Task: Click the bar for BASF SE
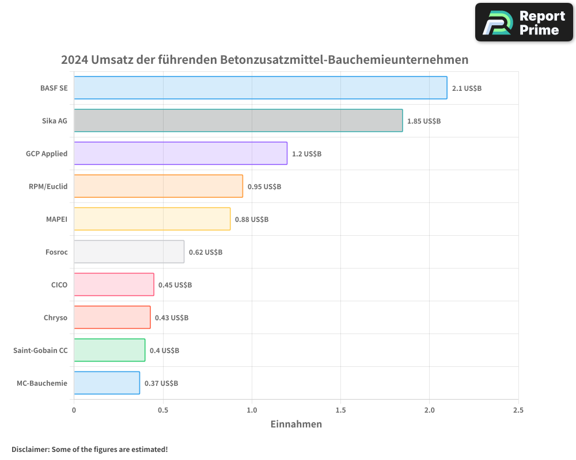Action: pos(260,88)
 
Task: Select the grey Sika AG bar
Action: pos(238,121)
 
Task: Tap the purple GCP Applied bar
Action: pos(180,154)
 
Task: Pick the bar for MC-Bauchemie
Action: pos(107,383)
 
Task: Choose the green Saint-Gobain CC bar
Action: pos(109,350)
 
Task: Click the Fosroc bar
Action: pos(129,252)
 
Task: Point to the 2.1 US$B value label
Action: pos(467,89)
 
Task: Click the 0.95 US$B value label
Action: pos(264,187)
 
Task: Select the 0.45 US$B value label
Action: pos(175,285)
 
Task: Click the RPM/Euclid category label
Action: pos(48,186)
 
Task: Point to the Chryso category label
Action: pos(55,317)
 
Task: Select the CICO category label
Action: pos(59,285)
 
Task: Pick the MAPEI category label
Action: pos(56,219)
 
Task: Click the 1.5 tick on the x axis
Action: pos(340,411)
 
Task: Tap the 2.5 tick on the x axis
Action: pos(518,411)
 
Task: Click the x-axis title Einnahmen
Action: pos(296,424)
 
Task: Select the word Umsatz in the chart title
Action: pos(112,60)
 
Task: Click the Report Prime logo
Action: pos(524,22)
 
